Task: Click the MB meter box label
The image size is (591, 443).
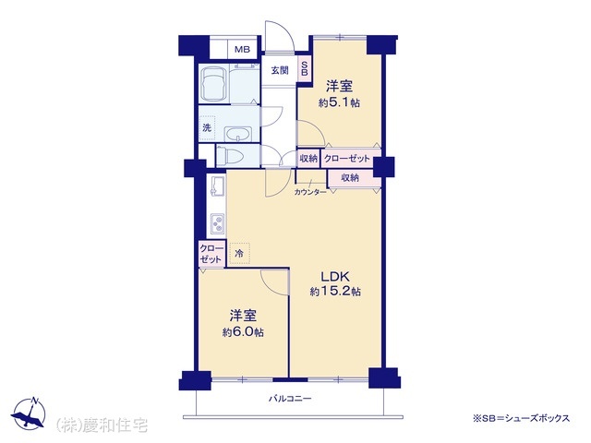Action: [242, 49]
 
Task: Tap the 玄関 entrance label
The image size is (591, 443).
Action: [280, 70]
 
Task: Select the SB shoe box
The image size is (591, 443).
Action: [304, 68]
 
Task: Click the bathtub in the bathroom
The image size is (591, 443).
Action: [214, 84]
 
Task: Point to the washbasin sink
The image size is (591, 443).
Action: [238, 134]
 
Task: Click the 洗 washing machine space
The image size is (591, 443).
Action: [207, 127]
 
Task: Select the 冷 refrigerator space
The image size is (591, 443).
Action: [239, 253]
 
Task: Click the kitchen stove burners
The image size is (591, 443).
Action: [218, 223]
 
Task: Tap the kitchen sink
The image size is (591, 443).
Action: [218, 186]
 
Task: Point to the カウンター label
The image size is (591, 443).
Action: [310, 192]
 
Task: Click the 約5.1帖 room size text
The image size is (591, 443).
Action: [339, 102]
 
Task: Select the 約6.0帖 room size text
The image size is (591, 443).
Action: [243, 332]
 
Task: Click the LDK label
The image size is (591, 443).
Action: [335, 277]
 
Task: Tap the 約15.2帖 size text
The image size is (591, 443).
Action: [335, 292]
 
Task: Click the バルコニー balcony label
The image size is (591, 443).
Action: [290, 398]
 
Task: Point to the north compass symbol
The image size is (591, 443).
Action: [29, 413]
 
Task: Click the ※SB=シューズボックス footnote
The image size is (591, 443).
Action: [521, 418]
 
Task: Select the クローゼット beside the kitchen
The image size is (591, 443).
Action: [211, 254]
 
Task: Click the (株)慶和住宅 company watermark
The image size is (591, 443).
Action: [102, 425]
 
